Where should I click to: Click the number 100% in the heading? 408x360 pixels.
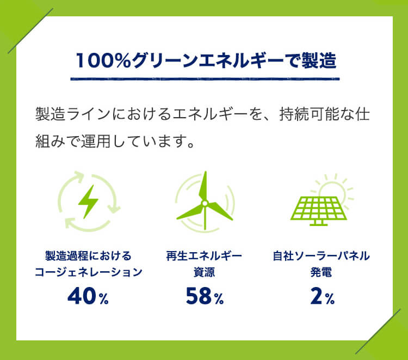103,60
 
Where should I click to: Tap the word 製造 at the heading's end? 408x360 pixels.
319,60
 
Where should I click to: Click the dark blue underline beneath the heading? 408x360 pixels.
205,78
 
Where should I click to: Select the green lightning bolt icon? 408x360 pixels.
88,202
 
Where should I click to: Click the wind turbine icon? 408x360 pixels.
205,200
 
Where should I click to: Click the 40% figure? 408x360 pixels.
88,296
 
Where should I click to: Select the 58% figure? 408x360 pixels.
205,296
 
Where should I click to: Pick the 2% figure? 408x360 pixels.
322,296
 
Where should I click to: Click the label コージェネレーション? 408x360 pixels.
88,272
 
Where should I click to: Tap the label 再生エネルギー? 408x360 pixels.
204,256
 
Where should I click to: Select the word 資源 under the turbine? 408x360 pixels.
204,272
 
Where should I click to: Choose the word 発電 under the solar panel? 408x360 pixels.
321,272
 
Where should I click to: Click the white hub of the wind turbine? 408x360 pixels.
205,203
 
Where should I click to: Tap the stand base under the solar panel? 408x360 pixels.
318,223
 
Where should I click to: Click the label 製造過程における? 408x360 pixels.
88,256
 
